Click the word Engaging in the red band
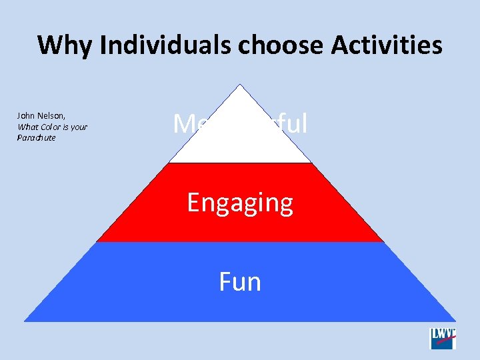240,203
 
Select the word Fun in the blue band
240,282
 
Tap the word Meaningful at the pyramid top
240,124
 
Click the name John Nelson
41,116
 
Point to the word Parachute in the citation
36,138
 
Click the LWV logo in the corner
443,338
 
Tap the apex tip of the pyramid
240,85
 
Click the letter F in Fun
225,282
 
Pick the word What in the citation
27,127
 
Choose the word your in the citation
79,127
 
